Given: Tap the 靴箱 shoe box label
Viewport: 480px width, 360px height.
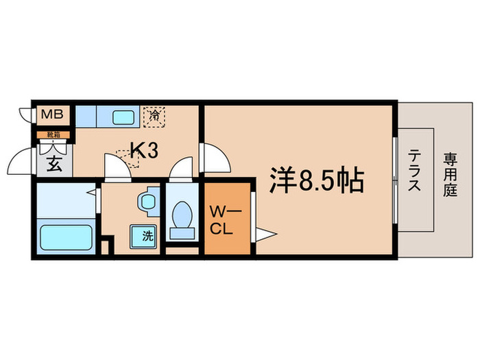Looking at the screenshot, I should click(x=53, y=134).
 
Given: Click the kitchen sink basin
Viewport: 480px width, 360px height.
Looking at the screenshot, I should click(x=121, y=116).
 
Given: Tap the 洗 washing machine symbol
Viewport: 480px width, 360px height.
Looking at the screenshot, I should click(x=147, y=235).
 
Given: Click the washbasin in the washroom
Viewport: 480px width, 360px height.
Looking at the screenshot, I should click(x=145, y=202).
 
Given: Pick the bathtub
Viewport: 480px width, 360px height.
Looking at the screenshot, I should click(x=67, y=237).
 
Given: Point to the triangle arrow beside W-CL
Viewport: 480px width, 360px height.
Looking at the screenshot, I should click(x=265, y=235).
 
